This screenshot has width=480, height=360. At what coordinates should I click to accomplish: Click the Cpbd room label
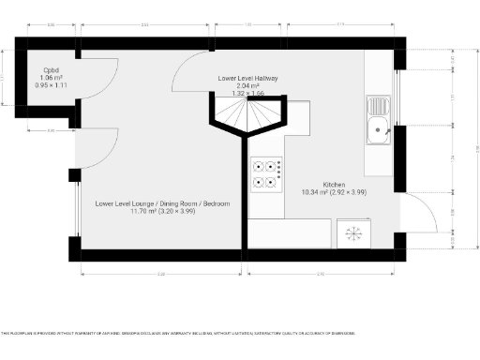pyautogui.click(x=52, y=69)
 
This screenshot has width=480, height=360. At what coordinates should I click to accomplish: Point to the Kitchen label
pyautogui.click(x=336, y=184)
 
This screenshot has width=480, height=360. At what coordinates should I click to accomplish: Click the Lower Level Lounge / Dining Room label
pyautogui.click(x=162, y=203)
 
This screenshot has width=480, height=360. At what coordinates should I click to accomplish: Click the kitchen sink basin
pyautogui.click(x=381, y=131)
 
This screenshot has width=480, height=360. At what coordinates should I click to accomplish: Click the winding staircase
pyautogui.click(x=246, y=113)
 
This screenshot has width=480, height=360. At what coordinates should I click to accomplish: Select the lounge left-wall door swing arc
pyautogui.click(x=98, y=150)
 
